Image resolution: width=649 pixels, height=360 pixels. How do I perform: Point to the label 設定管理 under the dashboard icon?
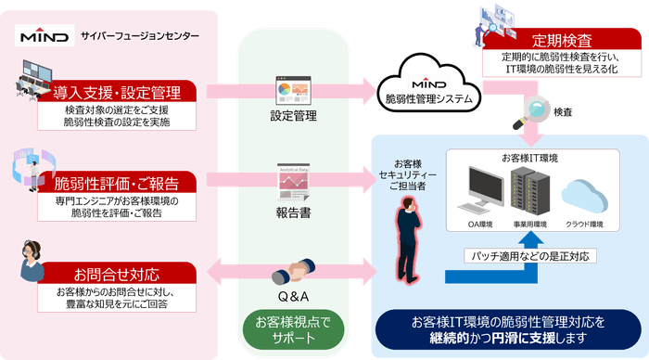coord(293,117)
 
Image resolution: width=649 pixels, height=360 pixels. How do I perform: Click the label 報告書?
coord(293,210)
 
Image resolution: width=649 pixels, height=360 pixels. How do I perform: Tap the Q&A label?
coord(293,297)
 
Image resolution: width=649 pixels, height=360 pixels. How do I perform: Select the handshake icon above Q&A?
coord(292,276)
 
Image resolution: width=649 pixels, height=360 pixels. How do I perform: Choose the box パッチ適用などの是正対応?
coord(528,255)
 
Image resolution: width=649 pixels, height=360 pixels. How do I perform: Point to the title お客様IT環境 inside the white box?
coord(530,158)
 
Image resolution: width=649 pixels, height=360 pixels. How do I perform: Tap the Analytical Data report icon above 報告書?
coord(292,182)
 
